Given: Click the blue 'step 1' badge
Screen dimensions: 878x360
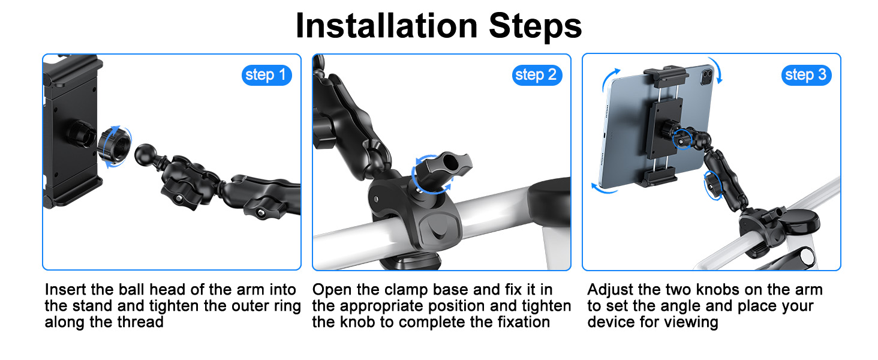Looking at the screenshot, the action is pyautogui.click(x=266, y=75).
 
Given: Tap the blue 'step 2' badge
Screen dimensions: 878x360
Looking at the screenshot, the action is pyautogui.click(x=537, y=75).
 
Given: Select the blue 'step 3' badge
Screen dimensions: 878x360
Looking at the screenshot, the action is pyautogui.click(x=806, y=75).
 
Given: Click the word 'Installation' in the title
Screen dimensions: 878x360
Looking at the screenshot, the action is pyautogui.click(x=386, y=26).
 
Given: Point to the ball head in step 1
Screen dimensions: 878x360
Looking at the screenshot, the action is pyautogui.click(x=146, y=155).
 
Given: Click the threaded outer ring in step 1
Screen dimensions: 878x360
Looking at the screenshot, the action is pyautogui.click(x=114, y=146).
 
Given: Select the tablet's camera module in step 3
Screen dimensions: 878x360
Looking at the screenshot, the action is pyautogui.click(x=708, y=74).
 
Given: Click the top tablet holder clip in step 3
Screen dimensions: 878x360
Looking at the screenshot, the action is pyautogui.click(x=666, y=76).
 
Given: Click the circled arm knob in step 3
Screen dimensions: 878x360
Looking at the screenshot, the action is pyautogui.click(x=713, y=185).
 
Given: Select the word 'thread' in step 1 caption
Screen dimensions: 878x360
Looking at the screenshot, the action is pyautogui.click(x=140, y=322).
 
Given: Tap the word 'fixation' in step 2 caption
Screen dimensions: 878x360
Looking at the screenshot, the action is pyautogui.click(x=524, y=322).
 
